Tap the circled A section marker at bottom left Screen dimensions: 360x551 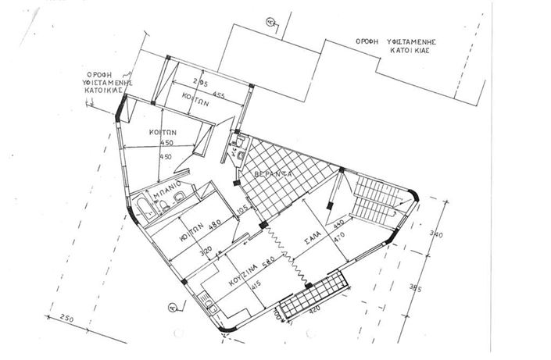(x=172, y=308)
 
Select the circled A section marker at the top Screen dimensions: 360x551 (x=270, y=23)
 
